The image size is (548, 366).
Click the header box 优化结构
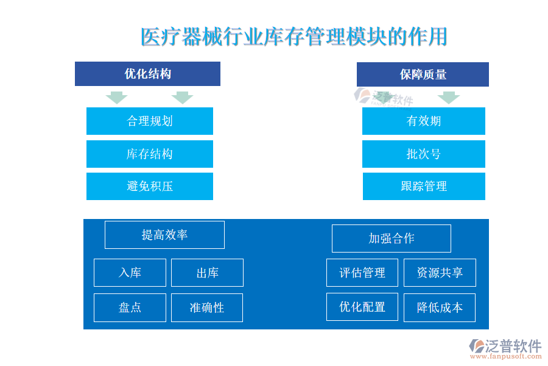147,74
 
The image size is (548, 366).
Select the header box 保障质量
423,74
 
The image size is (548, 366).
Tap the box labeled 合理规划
150,121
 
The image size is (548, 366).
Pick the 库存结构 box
150,154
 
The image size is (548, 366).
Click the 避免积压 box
150,186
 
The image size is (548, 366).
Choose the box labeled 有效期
424,121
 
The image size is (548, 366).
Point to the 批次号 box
424,154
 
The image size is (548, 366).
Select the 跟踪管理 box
424,186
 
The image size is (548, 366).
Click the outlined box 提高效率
164,235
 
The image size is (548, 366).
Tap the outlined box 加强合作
392,239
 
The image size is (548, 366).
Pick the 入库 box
130,273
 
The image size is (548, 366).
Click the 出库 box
207,273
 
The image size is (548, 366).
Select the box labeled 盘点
130,307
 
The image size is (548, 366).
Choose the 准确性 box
207,307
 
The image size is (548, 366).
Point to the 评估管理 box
362,273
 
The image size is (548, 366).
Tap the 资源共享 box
440,273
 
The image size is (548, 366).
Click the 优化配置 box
362,307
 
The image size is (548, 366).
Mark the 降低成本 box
440,307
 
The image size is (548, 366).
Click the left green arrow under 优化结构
117,98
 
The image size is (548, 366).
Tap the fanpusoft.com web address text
505,356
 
